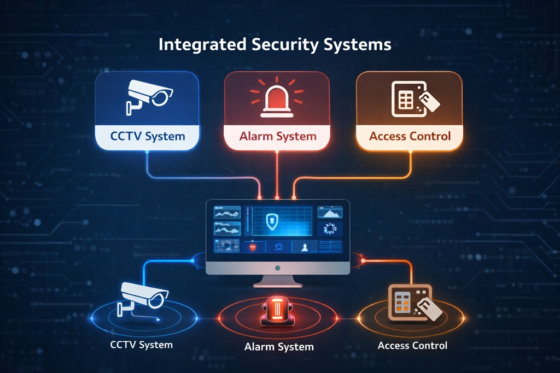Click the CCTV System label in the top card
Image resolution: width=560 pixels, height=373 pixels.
[148, 136]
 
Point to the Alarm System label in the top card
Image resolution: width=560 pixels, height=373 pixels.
[277, 136]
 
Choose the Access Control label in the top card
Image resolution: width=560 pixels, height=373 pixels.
[410, 136]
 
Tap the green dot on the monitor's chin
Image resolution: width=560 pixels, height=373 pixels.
[278, 268]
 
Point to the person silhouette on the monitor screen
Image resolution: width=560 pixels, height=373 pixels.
[304, 248]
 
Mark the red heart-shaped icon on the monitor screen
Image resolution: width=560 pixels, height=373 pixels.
[253, 248]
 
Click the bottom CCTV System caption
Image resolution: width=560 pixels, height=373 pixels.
[141, 345]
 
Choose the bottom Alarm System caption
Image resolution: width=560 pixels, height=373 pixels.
[279, 347]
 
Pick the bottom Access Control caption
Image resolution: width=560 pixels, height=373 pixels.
[412, 346]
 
